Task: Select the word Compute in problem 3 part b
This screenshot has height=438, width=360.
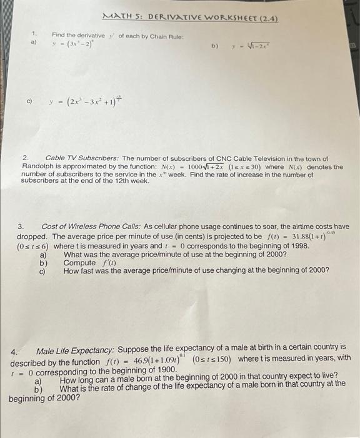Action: coord(80,263)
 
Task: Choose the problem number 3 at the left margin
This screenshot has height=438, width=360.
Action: coord(21,226)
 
